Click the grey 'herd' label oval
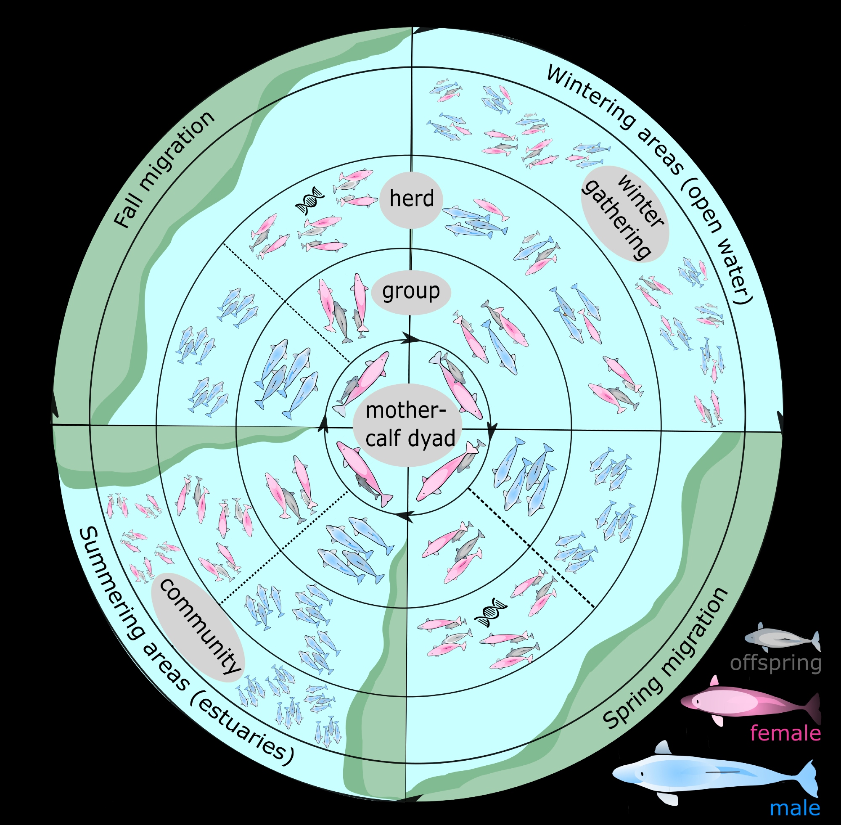(x=411, y=200)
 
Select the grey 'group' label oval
(x=411, y=292)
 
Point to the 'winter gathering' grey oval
(x=624, y=214)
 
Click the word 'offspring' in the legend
(x=775, y=663)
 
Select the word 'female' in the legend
(x=785, y=733)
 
